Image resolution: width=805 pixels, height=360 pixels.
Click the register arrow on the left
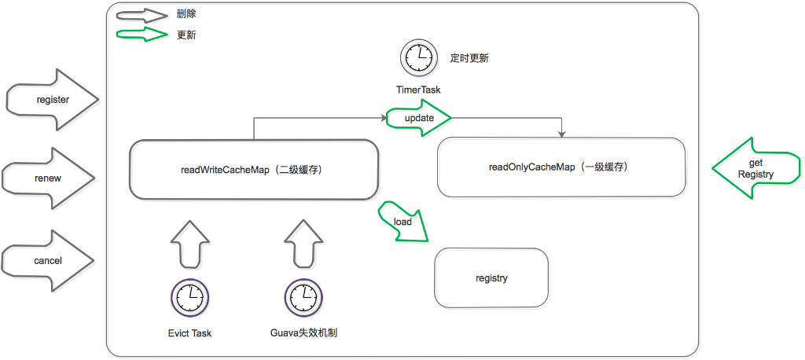coord(52,100)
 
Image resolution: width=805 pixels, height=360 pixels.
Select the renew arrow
coord(48,178)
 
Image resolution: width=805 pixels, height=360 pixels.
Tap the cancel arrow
coord(48,260)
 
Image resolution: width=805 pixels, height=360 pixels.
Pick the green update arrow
coord(419,118)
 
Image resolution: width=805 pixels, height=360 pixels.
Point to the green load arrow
coord(404,222)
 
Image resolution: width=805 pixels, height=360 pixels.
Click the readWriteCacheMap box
coord(253,168)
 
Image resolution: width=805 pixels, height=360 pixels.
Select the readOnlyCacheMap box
coord(561,167)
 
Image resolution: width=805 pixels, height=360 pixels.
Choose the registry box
coord(491,277)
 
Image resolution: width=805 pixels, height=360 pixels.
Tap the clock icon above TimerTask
coord(418,58)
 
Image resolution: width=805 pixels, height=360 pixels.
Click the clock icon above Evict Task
coord(189,298)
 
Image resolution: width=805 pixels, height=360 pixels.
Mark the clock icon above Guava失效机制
coord(303,298)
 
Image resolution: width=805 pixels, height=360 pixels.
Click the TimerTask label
coord(418,90)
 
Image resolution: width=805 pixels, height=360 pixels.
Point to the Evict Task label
coord(189,333)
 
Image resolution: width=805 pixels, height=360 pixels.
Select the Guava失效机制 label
coord(303,333)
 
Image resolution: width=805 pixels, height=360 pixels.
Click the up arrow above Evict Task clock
coord(189,243)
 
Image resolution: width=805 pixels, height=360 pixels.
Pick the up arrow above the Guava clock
coord(303,243)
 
